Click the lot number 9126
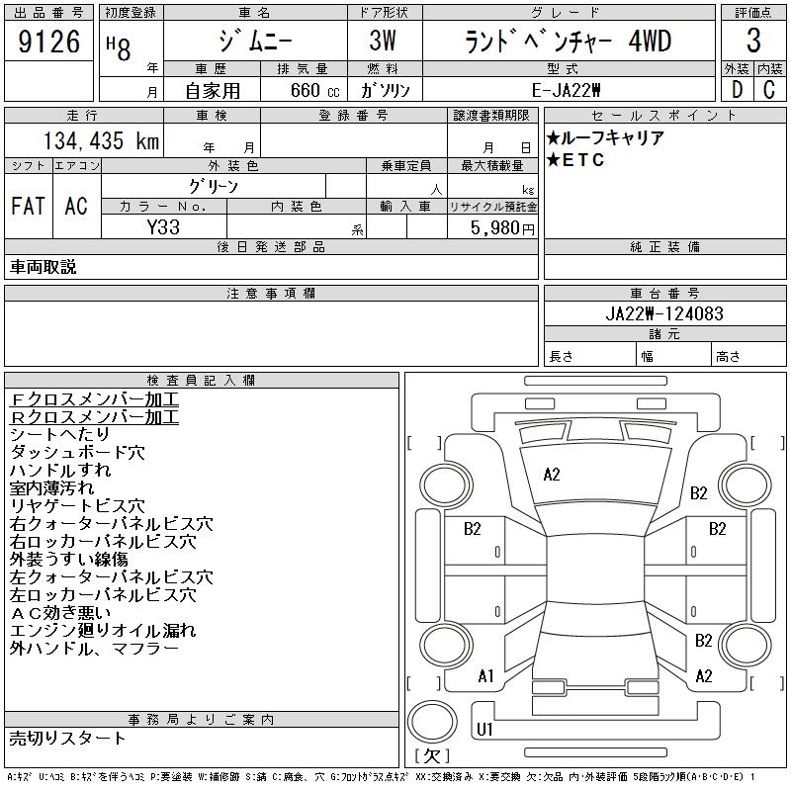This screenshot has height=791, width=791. [49, 43]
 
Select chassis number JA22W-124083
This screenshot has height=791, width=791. [664, 313]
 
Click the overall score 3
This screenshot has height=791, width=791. [753, 43]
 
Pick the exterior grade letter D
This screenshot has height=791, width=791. [736, 89]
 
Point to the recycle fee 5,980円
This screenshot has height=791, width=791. [503, 227]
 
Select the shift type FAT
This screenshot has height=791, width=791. [28, 207]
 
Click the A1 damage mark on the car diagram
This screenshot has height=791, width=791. [485, 676]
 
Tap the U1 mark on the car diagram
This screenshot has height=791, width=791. [484, 730]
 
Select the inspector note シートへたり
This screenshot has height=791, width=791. [59, 434]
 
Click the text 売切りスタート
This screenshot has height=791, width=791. [67, 738]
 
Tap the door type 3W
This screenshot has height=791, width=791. [384, 43]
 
